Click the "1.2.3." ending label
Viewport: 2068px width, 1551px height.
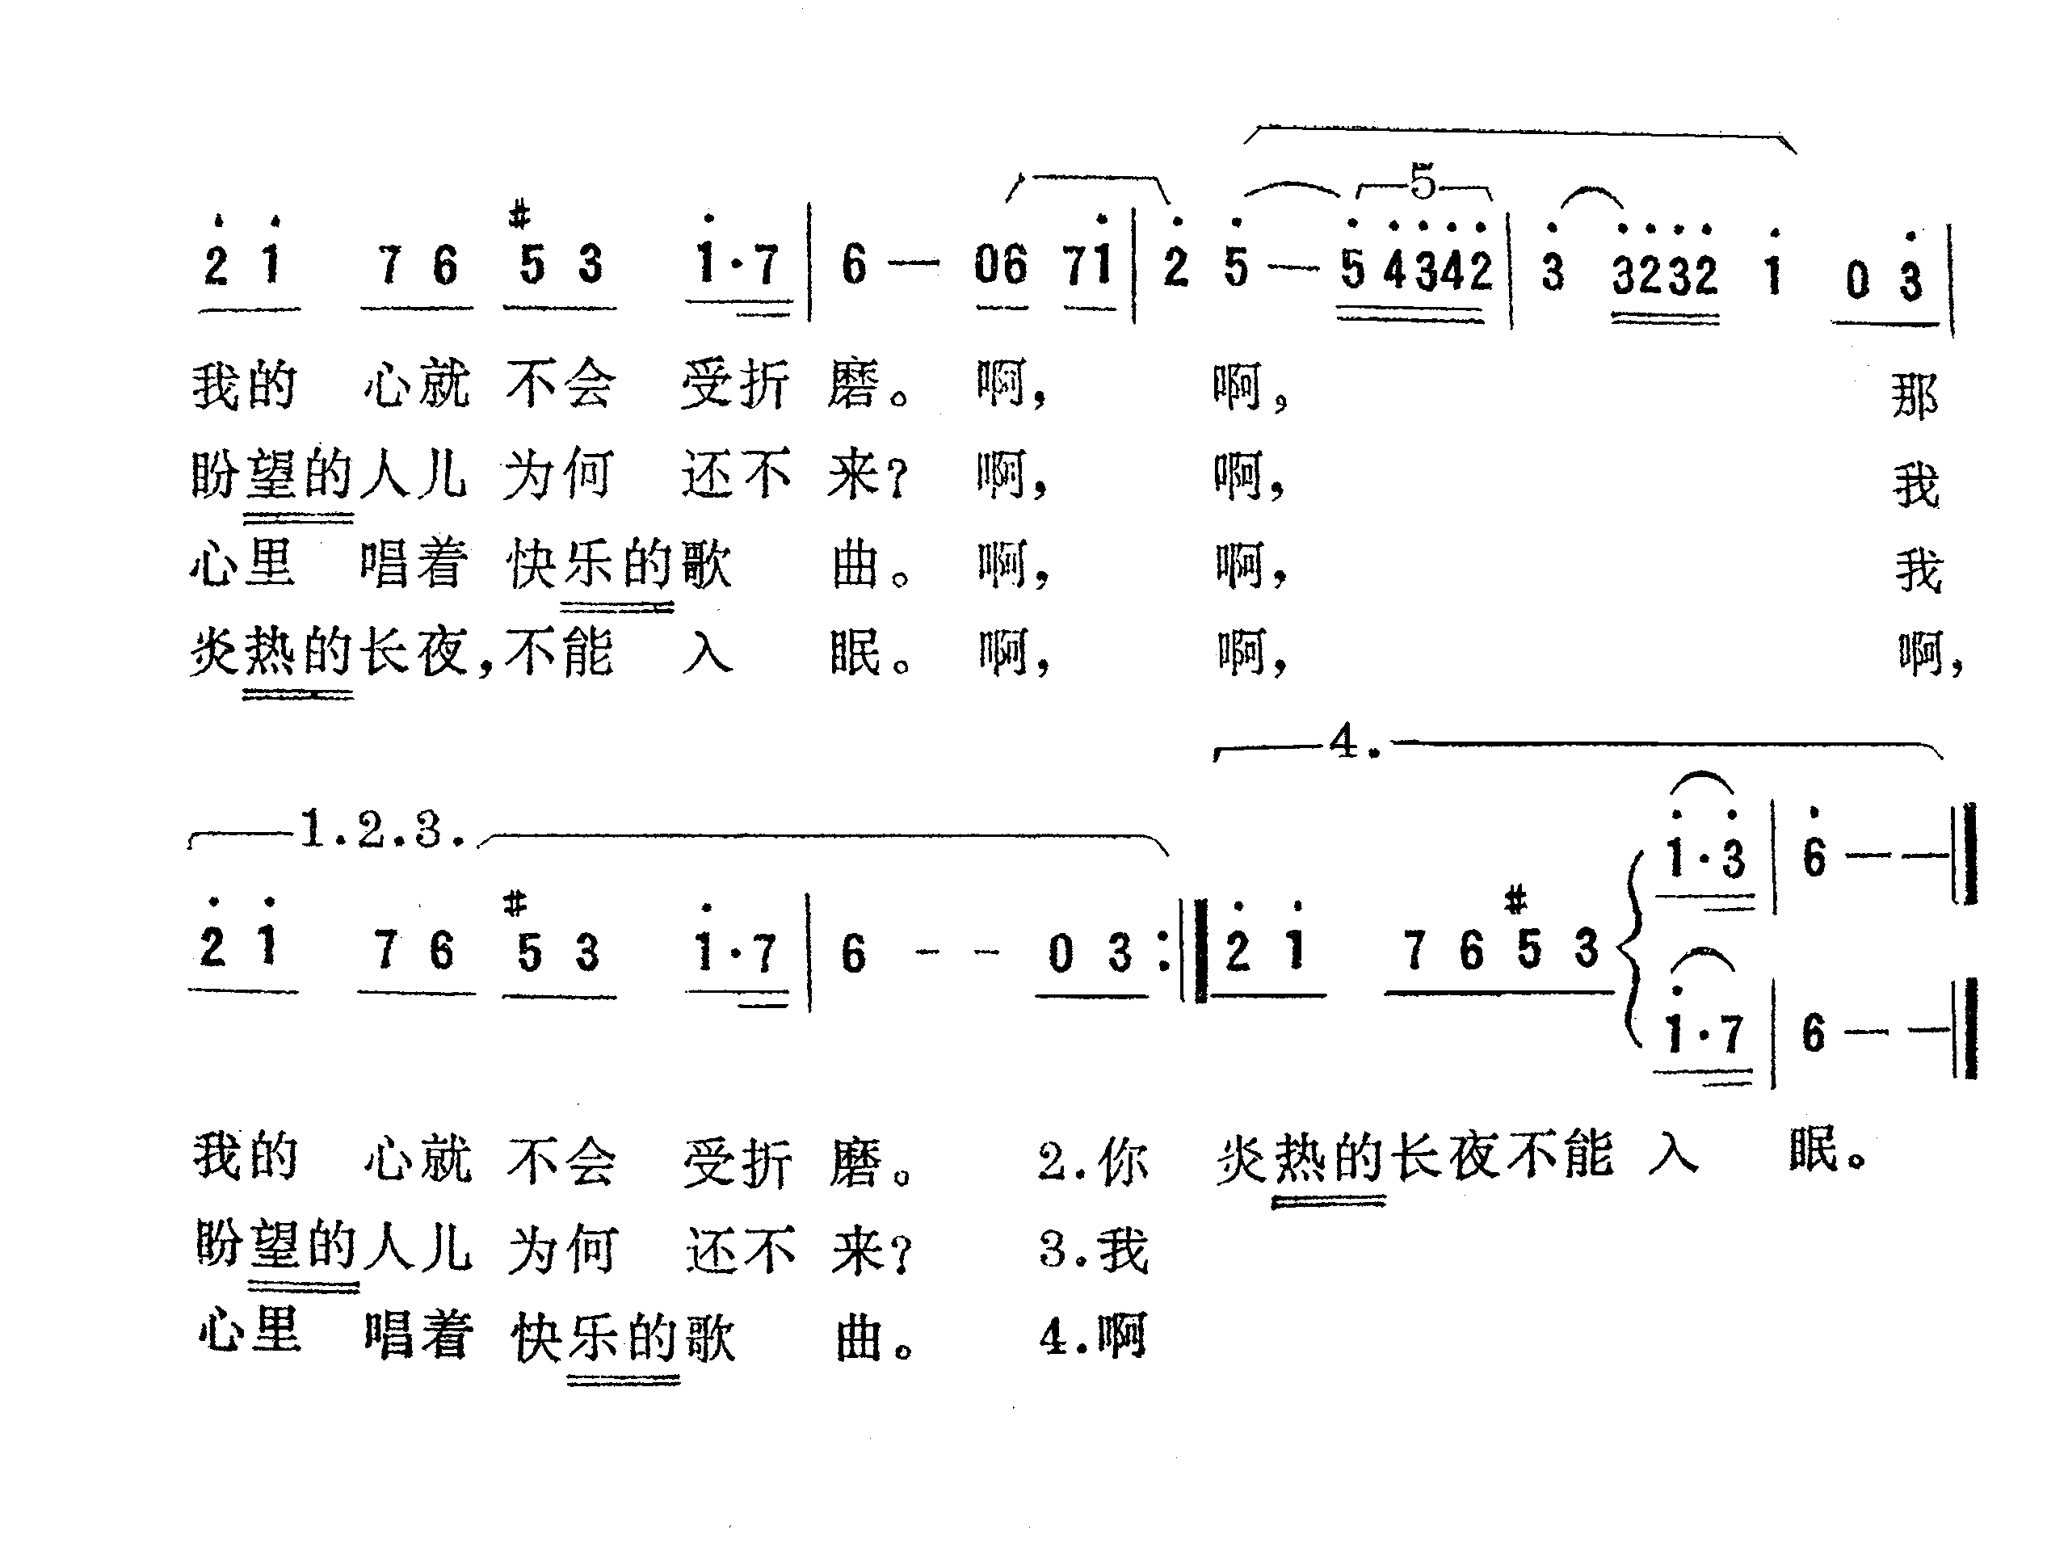tap(382, 830)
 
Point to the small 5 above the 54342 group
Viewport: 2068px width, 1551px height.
tap(1422, 182)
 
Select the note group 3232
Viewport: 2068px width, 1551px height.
tap(1664, 275)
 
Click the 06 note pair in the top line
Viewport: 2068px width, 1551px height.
tap(1000, 266)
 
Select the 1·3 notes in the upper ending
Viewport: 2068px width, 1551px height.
tap(1705, 858)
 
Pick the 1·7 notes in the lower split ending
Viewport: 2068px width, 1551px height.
tap(1704, 1034)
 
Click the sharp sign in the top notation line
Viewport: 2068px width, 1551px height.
tap(519, 216)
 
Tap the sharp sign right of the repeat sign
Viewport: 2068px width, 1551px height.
tap(1515, 899)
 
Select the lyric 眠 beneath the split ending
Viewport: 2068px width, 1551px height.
tap(1814, 1150)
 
